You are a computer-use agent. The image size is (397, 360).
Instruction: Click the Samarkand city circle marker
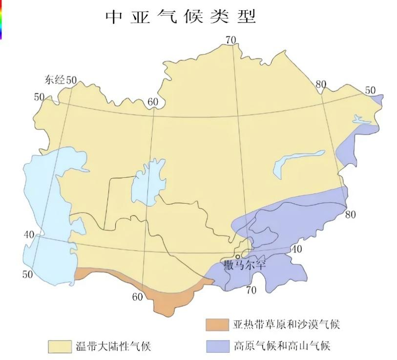[238, 256]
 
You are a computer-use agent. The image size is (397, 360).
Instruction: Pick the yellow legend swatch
[60, 346]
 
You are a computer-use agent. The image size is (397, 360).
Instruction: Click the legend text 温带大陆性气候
[113, 346]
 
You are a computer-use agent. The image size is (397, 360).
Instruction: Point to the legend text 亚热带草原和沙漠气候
[286, 324]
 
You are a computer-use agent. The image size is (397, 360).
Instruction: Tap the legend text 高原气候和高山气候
[282, 346]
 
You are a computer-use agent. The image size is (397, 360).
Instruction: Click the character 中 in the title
[114, 17]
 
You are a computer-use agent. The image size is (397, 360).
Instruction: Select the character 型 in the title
[248, 17]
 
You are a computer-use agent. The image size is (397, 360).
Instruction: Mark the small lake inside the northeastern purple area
[362, 119]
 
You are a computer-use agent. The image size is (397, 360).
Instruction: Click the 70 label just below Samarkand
[251, 291]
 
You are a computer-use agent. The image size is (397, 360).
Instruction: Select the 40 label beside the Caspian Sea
[29, 235]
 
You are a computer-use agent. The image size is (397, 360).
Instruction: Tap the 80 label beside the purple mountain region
[350, 214]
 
